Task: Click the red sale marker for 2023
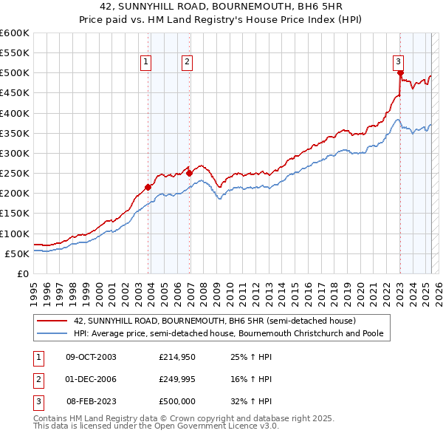point(400,73)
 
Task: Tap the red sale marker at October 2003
point(148,187)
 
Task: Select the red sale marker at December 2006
point(189,173)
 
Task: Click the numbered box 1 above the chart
point(146,62)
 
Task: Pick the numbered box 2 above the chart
point(188,62)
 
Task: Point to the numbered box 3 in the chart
point(399,62)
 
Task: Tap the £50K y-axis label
point(18,253)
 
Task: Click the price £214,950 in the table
point(176,357)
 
